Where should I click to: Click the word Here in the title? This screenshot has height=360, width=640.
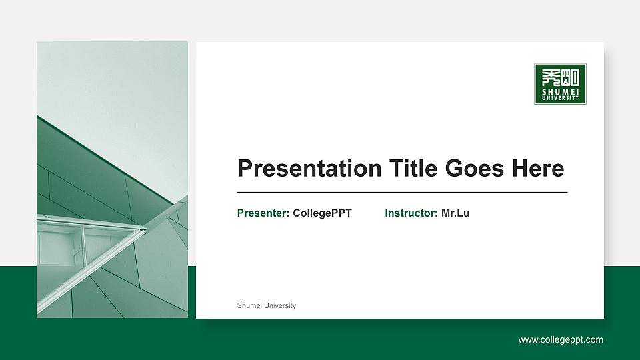(x=537, y=168)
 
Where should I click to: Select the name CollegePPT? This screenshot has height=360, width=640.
(x=322, y=213)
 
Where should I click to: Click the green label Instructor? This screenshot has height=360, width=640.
(x=411, y=213)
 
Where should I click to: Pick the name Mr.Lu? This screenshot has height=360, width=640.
(x=455, y=213)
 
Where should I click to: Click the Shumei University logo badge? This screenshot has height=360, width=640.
(x=560, y=84)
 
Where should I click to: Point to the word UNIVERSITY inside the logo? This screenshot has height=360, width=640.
(x=560, y=99)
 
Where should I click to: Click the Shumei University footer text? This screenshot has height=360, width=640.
(x=267, y=305)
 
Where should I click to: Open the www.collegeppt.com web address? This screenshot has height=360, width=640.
(x=561, y=340)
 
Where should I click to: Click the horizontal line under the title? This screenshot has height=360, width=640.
(x=402, y=192)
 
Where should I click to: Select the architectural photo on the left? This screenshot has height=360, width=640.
(x=112, y=180)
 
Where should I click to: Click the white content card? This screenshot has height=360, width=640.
(x=400, y=267)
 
